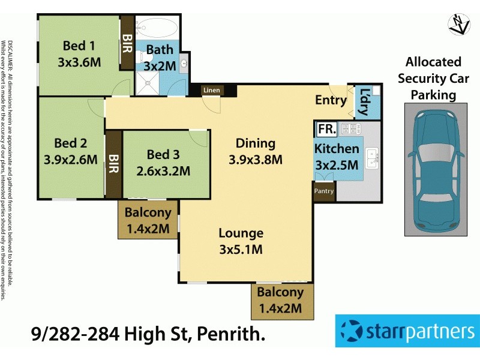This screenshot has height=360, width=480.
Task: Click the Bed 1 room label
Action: pos(79,46)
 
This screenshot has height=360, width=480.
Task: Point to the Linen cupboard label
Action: pos(212,91)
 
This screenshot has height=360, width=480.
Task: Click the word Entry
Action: pos(331,100)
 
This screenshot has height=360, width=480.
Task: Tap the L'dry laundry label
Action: pos(364,102)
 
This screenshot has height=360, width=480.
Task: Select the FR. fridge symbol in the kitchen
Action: pos(326,129)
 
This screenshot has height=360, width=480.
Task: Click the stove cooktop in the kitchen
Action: pos(349,128)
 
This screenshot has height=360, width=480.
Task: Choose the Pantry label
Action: pos(324,191)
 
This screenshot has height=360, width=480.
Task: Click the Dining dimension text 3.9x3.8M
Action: pos(256,160)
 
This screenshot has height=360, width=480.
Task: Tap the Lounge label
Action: pos(241,233)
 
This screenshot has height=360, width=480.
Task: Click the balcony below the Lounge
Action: pos(281,301)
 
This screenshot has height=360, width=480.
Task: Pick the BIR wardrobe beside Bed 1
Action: pos(127,43)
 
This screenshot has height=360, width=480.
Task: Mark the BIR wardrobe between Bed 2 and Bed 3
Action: pos(113,164)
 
